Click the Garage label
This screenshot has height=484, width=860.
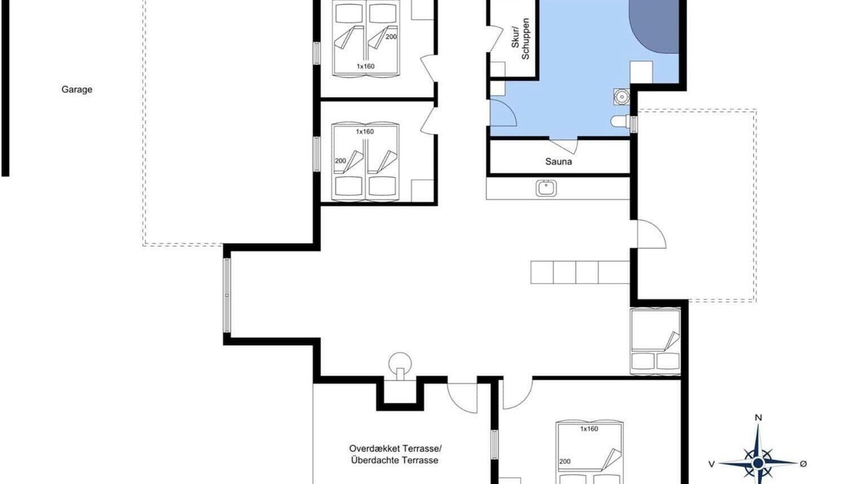point(77,89)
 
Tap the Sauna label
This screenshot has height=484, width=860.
point(558,161)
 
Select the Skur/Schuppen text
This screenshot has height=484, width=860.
point(520,38)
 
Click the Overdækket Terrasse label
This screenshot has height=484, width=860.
point(396,448)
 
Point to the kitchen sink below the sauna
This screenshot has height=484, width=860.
point(546,188)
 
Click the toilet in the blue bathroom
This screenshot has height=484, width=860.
point(619,122)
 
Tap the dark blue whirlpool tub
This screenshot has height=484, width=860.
point(654,26)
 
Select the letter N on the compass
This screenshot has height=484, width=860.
point(759,417)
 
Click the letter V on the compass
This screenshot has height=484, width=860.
point(712,464)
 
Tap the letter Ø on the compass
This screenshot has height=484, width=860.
point(803,464)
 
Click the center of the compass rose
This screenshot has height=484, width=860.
point(758,463)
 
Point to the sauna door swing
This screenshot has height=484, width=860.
point(564,145)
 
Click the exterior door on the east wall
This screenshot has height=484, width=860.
point(652,234)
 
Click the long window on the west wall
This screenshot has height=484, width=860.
point(227,295)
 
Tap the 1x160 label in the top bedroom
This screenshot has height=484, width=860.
point(365,66)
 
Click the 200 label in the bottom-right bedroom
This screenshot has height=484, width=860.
point(565,461)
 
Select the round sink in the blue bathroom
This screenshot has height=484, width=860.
point(621,96)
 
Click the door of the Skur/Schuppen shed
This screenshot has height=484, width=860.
point(496,38)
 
